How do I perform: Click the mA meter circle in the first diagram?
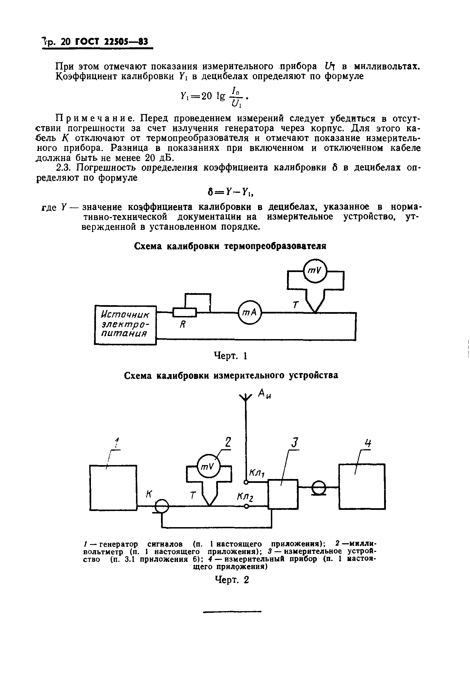tap(249, 313)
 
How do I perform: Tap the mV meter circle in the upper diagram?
tap(315, 271)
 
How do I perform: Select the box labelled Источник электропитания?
tap(125, 325)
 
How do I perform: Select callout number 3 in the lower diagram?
tap(295, 443)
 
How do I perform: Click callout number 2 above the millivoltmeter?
tap(228, 442)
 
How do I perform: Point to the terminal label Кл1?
tap(257, 473)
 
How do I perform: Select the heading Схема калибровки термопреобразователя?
tap(230, 246)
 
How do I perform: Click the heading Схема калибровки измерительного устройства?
tap(231, 376)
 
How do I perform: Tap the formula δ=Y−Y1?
tap(231, 192)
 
